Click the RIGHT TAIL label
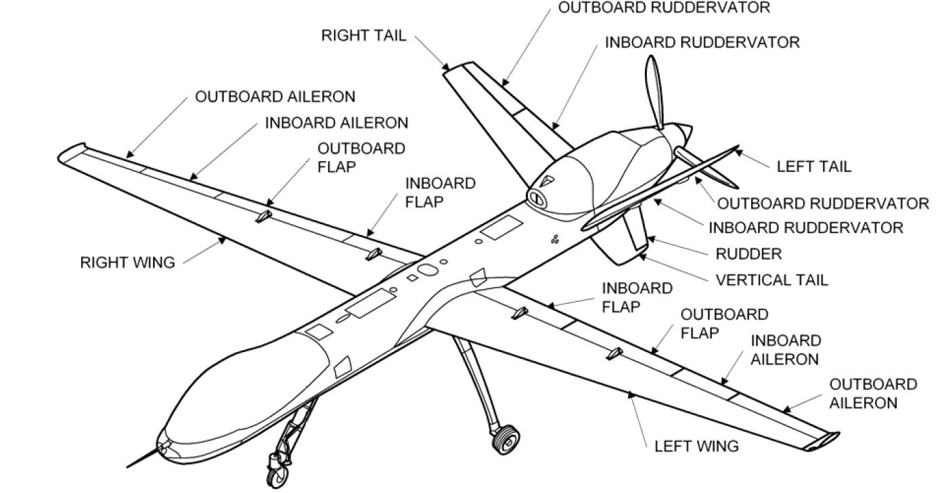[363, 35]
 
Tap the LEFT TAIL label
[813, 166]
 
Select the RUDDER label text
[748, 254]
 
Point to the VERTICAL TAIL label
[771, 279]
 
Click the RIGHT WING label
[127, 262]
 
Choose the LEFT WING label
[696, 446]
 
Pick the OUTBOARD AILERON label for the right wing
[275, 96]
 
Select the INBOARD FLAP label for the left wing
[637, 297]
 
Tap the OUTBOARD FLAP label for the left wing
[724, 323]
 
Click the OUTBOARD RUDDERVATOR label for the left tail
[823, 203]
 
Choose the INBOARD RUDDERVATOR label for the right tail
[702, 42]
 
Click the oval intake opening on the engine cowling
[537, 198]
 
